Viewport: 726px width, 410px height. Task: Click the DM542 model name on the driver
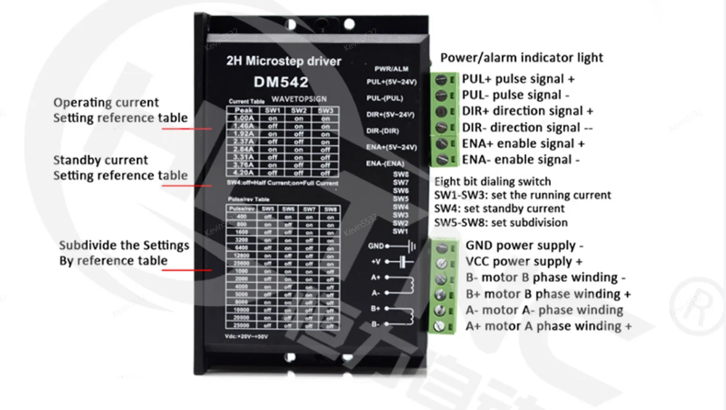coord(281,82)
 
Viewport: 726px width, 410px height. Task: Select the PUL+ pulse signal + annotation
coord(518,79)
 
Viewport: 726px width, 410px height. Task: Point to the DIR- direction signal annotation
coord(527,127)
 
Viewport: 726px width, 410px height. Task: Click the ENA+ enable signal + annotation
coord(523,144)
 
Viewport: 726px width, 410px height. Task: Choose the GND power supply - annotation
coord(524,246)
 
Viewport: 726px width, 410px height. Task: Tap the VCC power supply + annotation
coord(524,262)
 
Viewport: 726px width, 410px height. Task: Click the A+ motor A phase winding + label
coord(548,326)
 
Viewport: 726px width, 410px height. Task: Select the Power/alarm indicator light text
coord(521,57)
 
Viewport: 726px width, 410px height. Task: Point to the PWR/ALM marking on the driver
coord(391,69)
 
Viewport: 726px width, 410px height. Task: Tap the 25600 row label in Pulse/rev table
coord(241,263)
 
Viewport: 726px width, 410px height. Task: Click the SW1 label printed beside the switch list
coord(400,232)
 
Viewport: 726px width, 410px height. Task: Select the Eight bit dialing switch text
coord(492,182)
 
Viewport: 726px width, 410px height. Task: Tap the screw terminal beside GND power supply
coord(441,247)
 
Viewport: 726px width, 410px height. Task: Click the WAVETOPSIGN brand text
coord(299,99)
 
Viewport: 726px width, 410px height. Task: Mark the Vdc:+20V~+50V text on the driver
coord(246,336)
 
